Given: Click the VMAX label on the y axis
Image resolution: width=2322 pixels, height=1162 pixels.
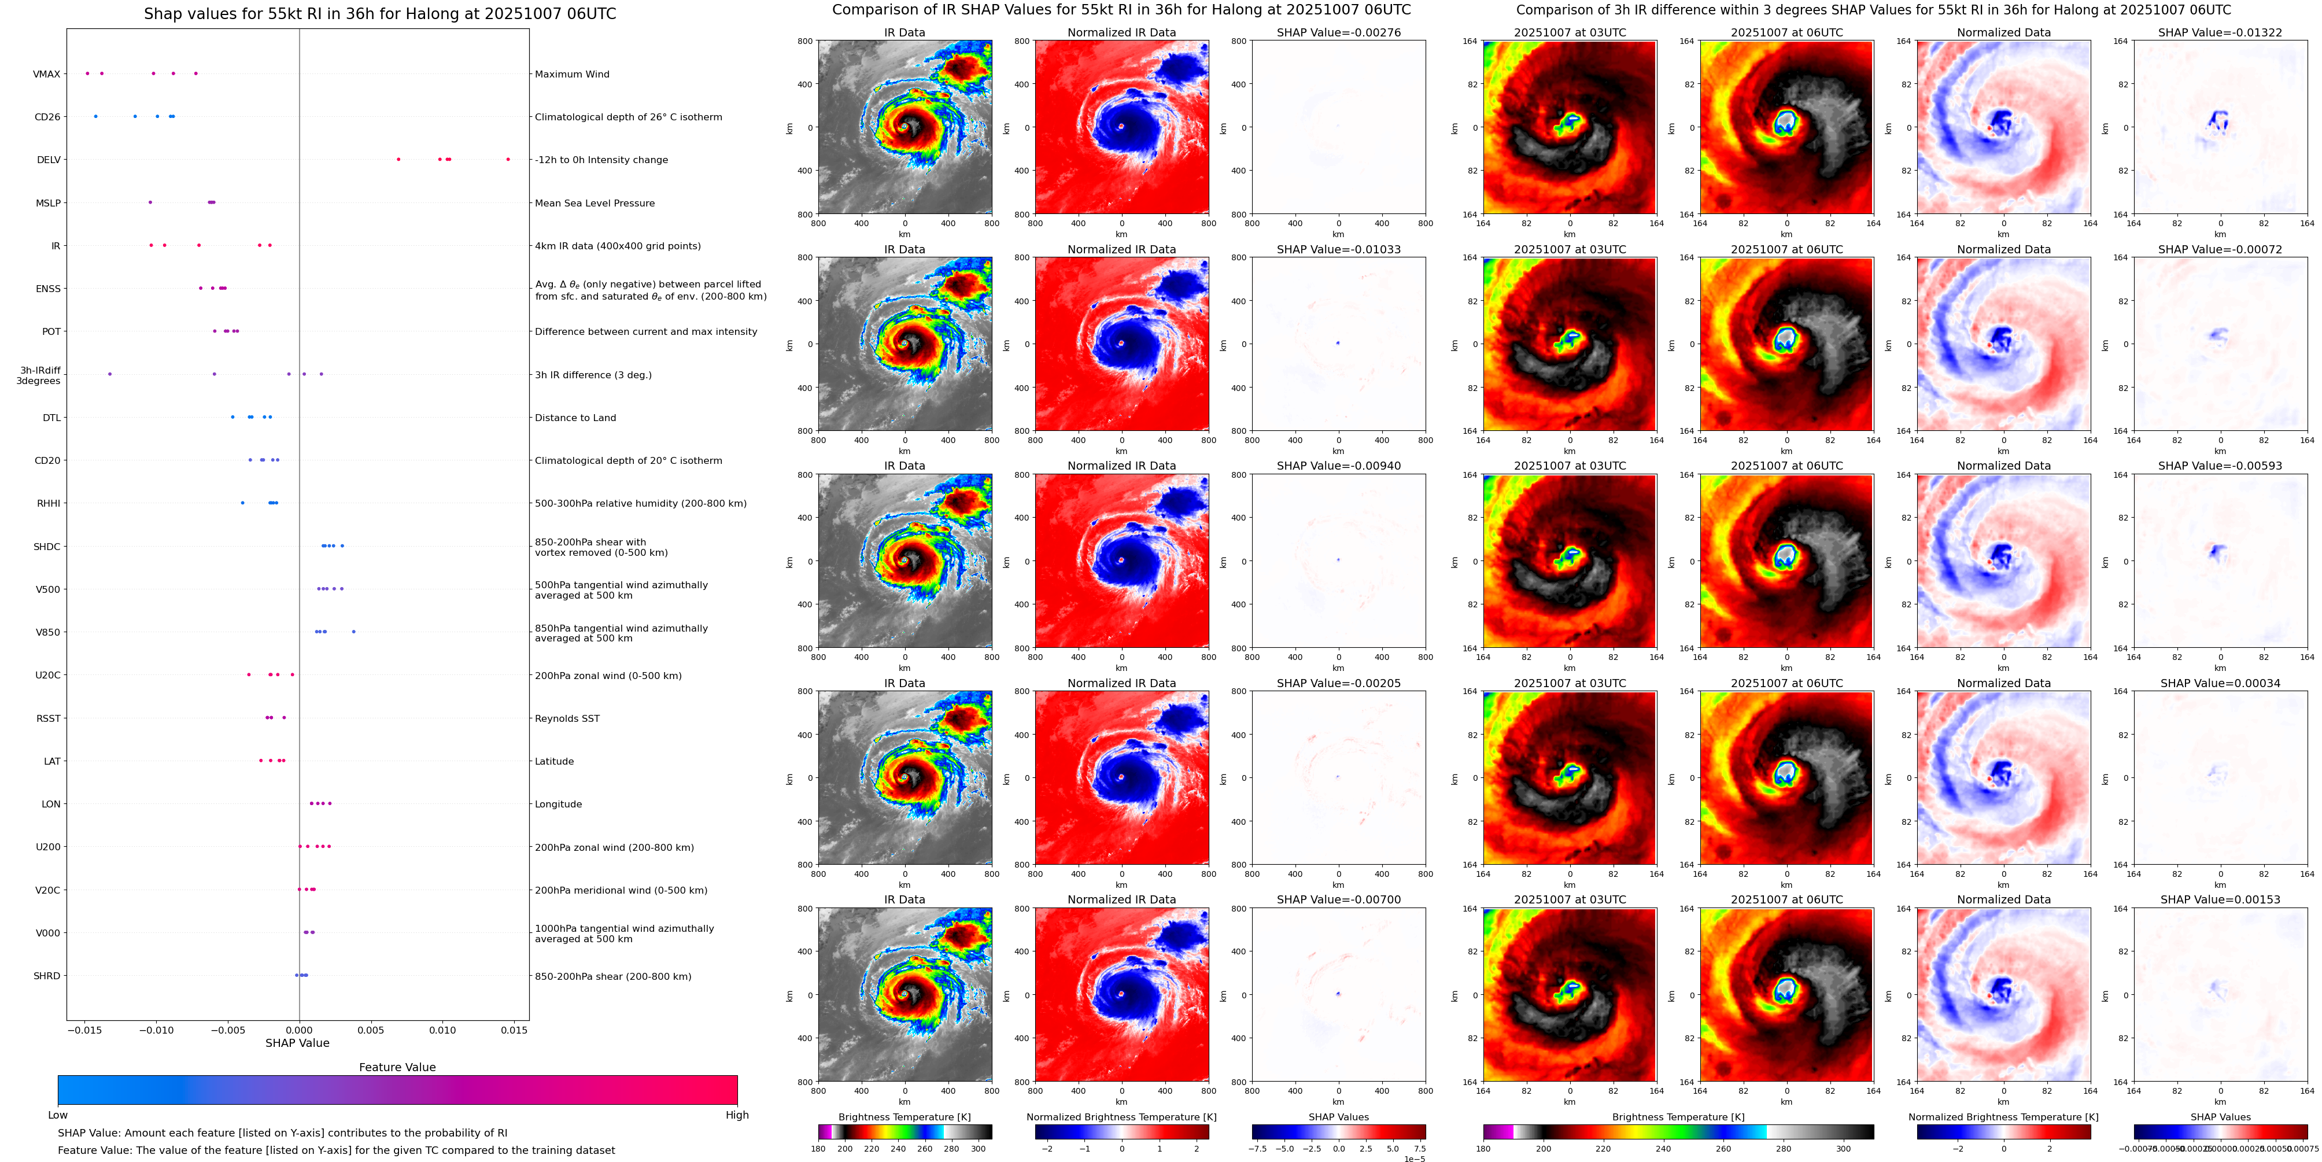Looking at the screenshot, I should tap(47, 74).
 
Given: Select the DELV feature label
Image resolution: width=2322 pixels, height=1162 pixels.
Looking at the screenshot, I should tap(49, 160).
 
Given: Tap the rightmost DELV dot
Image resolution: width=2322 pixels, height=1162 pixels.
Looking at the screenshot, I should tap(508, 160).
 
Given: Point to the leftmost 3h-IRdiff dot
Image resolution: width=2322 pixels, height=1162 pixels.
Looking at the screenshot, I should tap(110, 374).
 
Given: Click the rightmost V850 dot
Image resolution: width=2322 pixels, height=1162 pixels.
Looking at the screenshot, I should tap(353, 632).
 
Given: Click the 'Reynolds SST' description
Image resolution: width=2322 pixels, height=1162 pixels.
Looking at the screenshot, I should tap(567, 718).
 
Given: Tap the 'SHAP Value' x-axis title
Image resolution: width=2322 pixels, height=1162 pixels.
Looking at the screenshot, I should tap(297, 1043).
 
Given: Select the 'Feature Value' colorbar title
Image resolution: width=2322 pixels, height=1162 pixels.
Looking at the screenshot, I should tap(397, 1067).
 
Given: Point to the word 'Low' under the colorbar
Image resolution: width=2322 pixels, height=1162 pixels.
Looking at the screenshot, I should tap(58, 1115).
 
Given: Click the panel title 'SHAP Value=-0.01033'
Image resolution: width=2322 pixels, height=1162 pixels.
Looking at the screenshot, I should tap(1339, 250).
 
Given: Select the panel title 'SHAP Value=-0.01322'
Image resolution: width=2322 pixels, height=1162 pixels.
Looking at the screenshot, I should tap(2220, 32).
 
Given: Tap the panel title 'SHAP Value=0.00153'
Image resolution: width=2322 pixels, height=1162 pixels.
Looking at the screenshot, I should tap(2220, 899).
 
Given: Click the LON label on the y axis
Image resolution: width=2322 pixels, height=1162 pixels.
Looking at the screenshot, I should tap(51, 804).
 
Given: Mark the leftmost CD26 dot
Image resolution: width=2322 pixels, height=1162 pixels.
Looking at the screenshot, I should tap(95, 116).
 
